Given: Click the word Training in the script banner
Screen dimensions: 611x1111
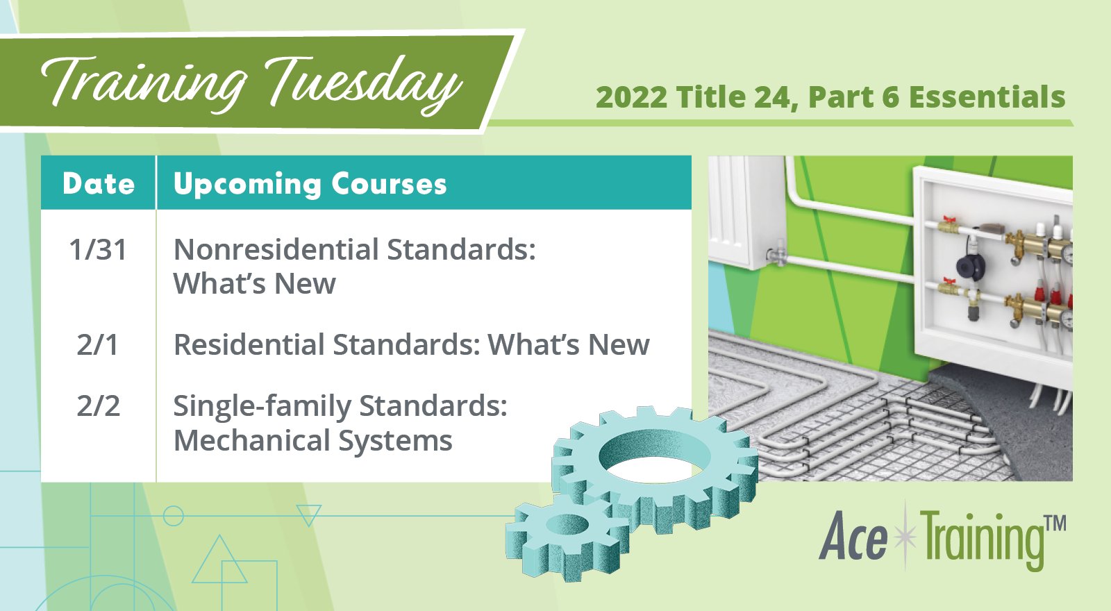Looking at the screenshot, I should pyautogui.click(x=142, y=82).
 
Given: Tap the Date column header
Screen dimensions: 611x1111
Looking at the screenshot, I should pyautogui.click(x=99, y=184).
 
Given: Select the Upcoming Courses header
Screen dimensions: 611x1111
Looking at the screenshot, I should pyautogui.click(x=310, y=184).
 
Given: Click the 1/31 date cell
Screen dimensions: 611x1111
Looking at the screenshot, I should pyautogui.click(x=98, y=250).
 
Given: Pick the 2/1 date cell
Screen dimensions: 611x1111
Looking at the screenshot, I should pyautogui.click(x=98, y=345).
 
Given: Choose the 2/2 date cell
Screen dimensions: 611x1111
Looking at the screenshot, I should pyautogui.click(x=98, y=406).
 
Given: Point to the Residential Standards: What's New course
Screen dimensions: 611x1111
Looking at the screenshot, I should pyautogui.click(x=411, y=345).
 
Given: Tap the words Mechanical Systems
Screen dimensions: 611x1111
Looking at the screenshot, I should pyautogui.click(x=312, y=441).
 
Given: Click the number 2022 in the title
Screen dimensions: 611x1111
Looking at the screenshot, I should pyautogui.click(x=631, y=98).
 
